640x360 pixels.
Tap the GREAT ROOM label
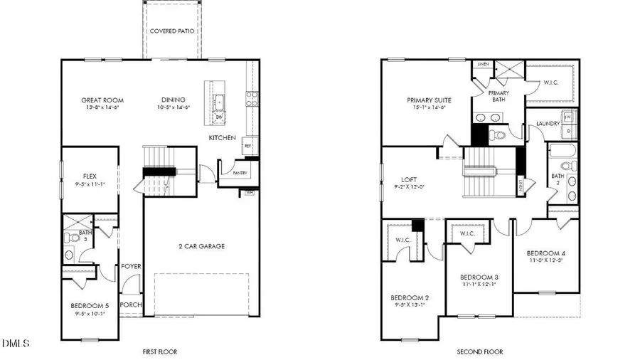[x=100, y=100]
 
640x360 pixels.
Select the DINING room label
[x=173, y=100]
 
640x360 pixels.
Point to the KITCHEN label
[x=222, y=137]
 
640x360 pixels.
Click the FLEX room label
[x=90, y=176]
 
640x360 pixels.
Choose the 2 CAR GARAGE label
[x=201, y=246]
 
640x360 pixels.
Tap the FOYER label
[x=130, y=266]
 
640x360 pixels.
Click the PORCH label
[x=131, y=305]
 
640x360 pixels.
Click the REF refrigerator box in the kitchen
[x=248, y=144]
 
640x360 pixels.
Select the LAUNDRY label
[x=548, y=123]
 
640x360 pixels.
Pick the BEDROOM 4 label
[x=546, y=253]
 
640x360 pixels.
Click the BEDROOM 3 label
[x=479, y=277]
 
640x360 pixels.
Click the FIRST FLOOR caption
[x=159, y=351]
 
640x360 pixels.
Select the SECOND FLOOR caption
[x=479, y=351]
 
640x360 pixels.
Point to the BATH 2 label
[x=557, y=178]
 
